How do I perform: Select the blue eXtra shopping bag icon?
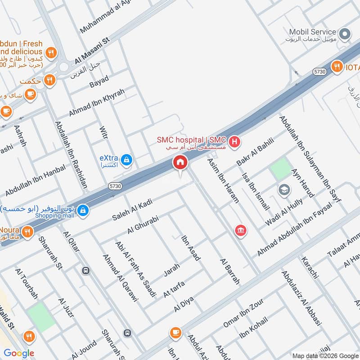127,159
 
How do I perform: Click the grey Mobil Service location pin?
345,34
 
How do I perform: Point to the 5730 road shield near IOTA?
319,72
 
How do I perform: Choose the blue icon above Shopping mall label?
83,210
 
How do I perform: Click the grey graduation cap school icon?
284,189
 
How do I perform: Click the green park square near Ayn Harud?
281,169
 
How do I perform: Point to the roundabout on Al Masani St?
63,67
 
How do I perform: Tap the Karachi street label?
310,267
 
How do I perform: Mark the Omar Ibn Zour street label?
243,313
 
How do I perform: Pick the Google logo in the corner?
19,353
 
